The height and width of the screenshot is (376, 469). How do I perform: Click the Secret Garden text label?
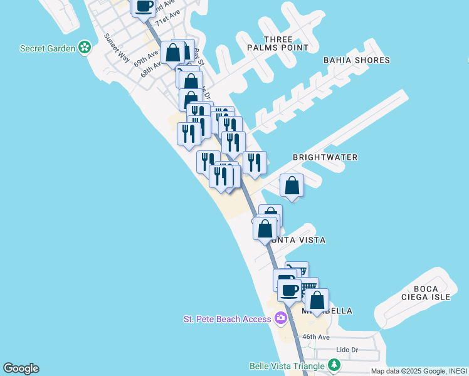[48, 48]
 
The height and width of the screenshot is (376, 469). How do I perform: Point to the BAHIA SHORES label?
[357, 60]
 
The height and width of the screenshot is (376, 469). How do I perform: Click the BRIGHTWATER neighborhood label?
[325, 157]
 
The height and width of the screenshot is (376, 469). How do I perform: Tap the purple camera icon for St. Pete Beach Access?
[281, 318]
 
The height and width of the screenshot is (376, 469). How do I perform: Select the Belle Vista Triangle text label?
[287, 366]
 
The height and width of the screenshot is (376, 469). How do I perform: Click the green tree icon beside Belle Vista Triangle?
[335, 365]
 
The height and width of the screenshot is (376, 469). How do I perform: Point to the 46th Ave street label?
[315, 337]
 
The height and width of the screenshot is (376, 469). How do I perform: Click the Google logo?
[21, 368]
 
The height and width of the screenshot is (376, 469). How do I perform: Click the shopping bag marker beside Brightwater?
[292, 185]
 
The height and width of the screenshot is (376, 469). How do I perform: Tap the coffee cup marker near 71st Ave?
[144, 6]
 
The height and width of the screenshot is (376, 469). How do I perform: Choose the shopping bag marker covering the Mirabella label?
[317, 300]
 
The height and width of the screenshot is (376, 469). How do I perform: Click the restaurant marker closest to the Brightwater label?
[255, 163]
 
